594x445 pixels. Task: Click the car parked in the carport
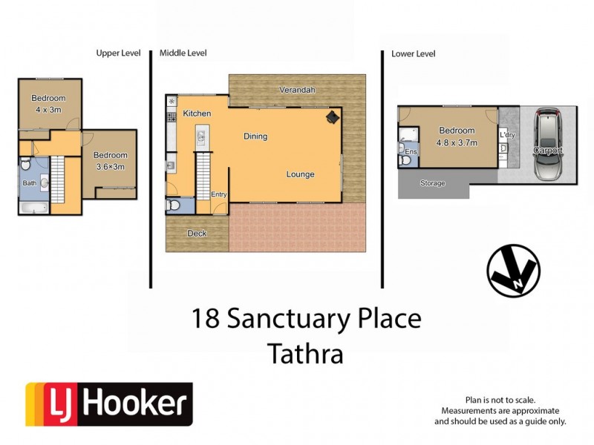tap(549, 145)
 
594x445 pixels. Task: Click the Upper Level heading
tap(119, 53)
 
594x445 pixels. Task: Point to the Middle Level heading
tap(183, 53)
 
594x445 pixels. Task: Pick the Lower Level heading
tap(413, 53)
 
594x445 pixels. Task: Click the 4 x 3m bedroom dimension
tap(48, 110)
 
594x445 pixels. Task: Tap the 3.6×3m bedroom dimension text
tap(110, 166)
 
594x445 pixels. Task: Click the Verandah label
tap(297, 90)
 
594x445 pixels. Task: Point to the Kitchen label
tap(197, 113)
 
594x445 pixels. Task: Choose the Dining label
tap(255, 136)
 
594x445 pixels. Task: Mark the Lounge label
tap(301, 175)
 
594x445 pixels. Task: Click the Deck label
tap(197, 234)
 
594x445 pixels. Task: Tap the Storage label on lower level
tap(432, 183)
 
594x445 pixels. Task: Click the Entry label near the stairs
tap(219, 195)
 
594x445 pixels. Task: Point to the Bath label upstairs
tap(30, 183)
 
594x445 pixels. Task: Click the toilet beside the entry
tap(173, 205)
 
